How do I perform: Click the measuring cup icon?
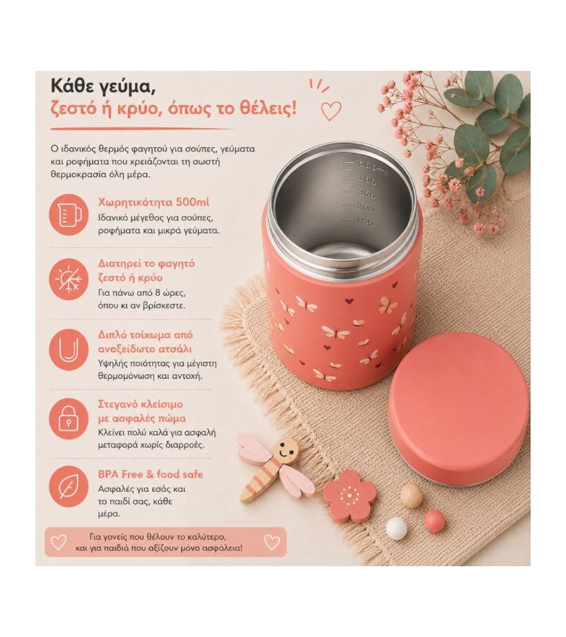[x=69, y=215]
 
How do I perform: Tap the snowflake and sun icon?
[x=69, y=279]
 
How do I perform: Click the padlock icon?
[x=69, y=418]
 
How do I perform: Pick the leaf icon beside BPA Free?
[x=69, y=487]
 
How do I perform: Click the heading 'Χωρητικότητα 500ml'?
[x=154, y=202]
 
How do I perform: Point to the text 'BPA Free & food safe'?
[x=150, y=474]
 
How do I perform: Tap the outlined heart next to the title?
[x=331, y=111]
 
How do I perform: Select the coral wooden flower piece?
[x=350, y=496]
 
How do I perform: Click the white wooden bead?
[x=396, y=529]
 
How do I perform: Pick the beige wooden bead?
[x=411, y=496]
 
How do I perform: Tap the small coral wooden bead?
[x=434, y=520]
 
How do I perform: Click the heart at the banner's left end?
[x=58, y=542]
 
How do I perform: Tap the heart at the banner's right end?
[x=272, y=542]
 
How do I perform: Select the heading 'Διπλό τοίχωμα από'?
[x=145, y=335]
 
